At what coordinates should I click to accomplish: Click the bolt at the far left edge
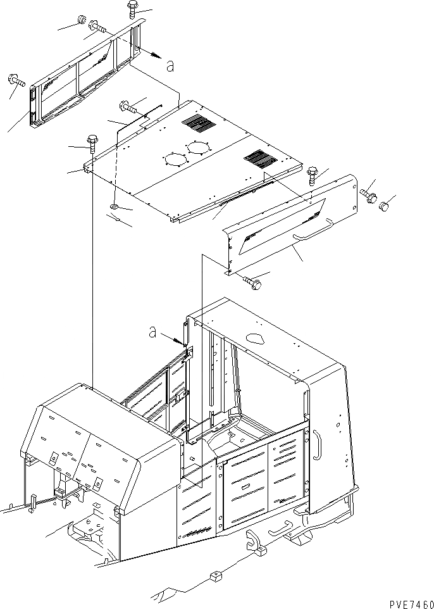15,80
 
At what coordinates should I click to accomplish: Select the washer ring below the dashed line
114,207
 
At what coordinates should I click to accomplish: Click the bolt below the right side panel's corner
252,283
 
